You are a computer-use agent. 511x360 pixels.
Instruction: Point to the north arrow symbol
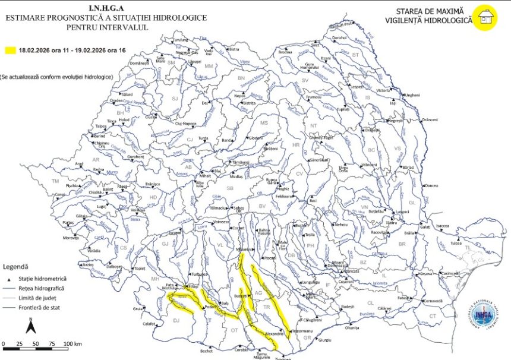[x=31, y=326]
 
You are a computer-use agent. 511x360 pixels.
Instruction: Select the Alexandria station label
[x=273, y=334]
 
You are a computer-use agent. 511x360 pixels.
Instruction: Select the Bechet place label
[x=206, y=351]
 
